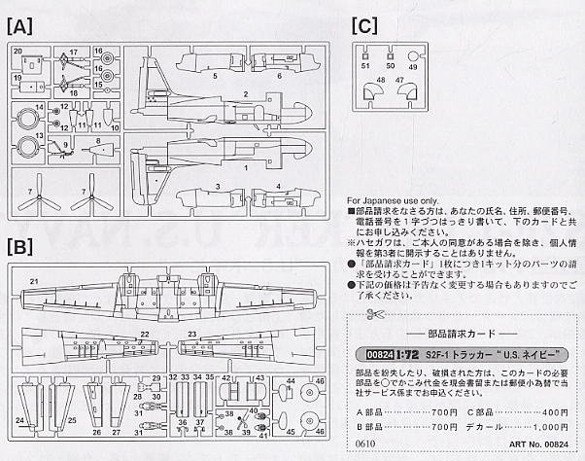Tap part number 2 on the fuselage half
click(x=246, y=94)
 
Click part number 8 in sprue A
click(x=98, y=141)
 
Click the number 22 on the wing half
click(x=144, y=334)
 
